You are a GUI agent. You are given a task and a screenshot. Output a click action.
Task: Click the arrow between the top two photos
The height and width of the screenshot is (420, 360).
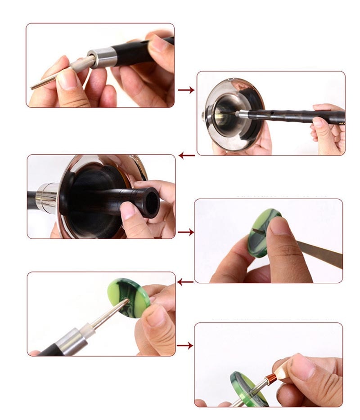[186, 90]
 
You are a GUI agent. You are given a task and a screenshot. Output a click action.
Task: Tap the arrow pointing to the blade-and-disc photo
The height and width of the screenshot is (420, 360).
[186, 232]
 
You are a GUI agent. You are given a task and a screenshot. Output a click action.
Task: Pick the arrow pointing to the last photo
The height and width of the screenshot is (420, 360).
[185, 345]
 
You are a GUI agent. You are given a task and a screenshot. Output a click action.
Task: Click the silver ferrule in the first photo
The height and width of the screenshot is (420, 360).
[103, 57]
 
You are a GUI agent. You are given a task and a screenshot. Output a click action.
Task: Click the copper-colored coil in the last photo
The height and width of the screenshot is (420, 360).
[272, 379]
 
